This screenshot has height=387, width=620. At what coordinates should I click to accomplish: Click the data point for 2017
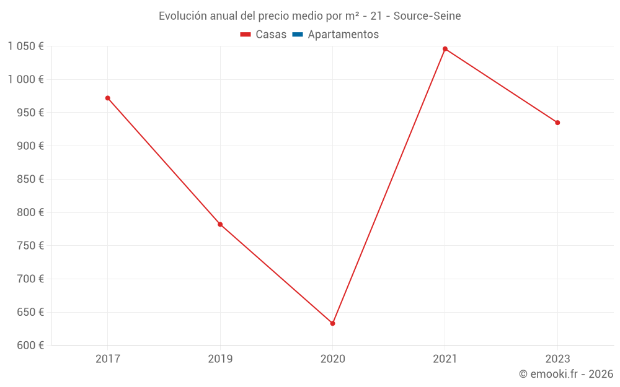pos(108,98)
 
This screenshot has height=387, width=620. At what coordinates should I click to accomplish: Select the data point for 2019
pos(220,224)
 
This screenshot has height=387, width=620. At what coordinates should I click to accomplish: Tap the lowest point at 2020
pos(333,323)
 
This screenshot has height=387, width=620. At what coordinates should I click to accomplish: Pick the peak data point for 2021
pos(445,49)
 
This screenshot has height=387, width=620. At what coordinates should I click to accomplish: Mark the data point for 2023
pos(557,123)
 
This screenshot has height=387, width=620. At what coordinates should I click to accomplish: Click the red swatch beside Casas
pos(246,35)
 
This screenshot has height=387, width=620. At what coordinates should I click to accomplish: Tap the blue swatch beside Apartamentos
pos(298,35)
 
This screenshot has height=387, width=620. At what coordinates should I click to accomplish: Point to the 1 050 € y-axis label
pos(25,46)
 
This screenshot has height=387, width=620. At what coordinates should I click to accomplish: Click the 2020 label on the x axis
pos(333,359)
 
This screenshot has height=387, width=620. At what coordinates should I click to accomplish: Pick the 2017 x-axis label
pos(108,359)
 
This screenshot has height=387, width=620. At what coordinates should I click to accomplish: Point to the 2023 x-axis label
pos(557,359)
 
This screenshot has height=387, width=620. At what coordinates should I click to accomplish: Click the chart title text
pos(309,16)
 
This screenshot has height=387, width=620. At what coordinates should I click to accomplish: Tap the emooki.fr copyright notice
pos(565,374)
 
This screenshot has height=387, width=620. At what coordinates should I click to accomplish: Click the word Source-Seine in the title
pos(427,16)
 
